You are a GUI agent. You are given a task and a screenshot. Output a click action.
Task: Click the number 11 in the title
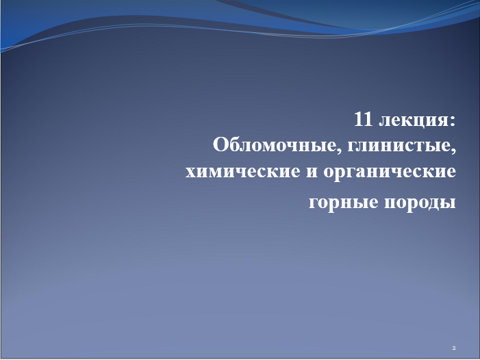point(363,119)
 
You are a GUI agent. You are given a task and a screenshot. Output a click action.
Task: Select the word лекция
point(414,120)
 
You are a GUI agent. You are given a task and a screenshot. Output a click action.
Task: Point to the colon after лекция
point(453,121)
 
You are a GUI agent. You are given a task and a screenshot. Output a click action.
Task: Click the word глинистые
point(399,146)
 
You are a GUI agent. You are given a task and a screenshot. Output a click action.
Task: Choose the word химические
point(243,171)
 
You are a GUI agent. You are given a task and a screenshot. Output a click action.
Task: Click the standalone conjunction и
point(312,172)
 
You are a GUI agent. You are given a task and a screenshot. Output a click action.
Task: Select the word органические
point(390,172)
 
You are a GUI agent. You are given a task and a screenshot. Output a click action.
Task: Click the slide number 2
point(454,348)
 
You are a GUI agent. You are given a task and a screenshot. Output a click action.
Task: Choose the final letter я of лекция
point(442,120)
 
